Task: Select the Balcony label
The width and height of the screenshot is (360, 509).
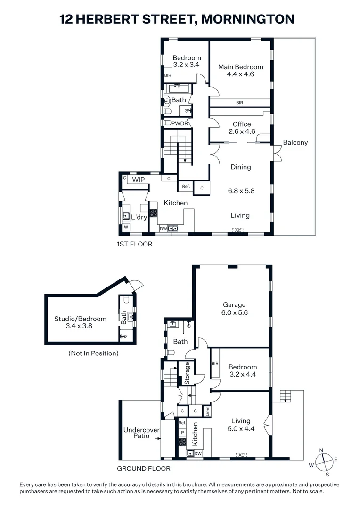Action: (295, 142)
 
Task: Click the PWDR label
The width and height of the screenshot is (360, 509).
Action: (179, 123)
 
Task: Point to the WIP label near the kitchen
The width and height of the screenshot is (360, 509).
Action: (138, 180)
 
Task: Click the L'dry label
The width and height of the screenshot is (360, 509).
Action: (139, 217)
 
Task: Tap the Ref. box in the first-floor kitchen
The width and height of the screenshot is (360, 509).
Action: (186, 187)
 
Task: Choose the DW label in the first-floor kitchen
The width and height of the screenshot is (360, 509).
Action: (163, 229)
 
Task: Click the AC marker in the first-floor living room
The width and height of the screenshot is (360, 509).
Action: (237, 230)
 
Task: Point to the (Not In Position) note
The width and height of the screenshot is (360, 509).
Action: (93, 353)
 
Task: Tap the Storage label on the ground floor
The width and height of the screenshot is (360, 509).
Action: (187, 373)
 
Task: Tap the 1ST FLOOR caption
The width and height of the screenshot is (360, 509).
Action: (135, 244)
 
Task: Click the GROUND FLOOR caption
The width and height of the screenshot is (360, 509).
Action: (144, 468)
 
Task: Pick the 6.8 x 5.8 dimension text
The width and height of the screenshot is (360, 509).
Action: (240, 191)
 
